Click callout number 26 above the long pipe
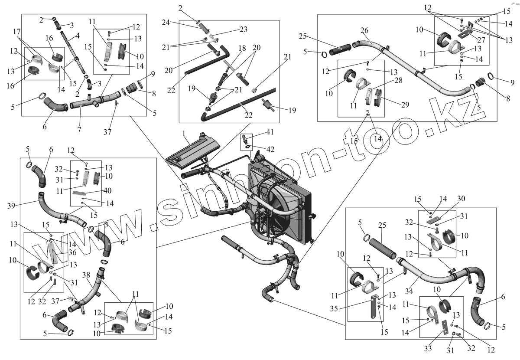click(364, 30)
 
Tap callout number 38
click(86, 275)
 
